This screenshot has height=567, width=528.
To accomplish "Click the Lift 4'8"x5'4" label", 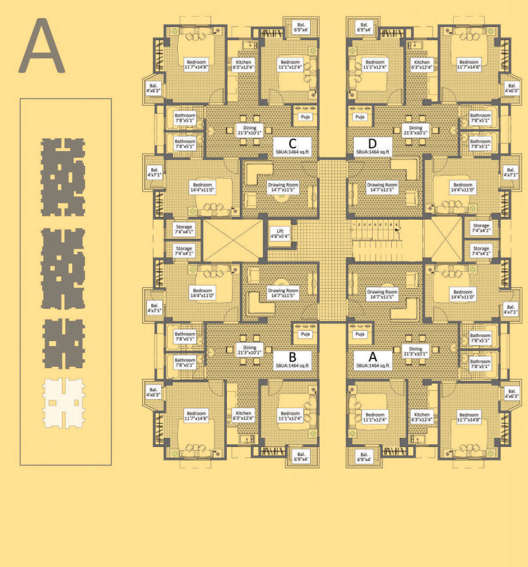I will tap(280, 233).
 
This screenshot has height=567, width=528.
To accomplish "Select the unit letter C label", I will tap(292, 143).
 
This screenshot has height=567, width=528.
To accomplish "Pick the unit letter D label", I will tap(371, 143).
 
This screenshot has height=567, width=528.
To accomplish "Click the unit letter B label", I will tap(292, 356).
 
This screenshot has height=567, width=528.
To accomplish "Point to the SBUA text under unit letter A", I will tap(373, 366).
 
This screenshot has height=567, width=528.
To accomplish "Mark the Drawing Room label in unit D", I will tap(383, 188).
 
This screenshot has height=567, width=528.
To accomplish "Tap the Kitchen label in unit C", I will tap(244, 65).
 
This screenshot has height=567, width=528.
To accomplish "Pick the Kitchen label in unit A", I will tap(422, 417).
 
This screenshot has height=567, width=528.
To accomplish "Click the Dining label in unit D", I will tap(416, 130).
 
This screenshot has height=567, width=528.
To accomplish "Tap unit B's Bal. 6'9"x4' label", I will tap(301, 456).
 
